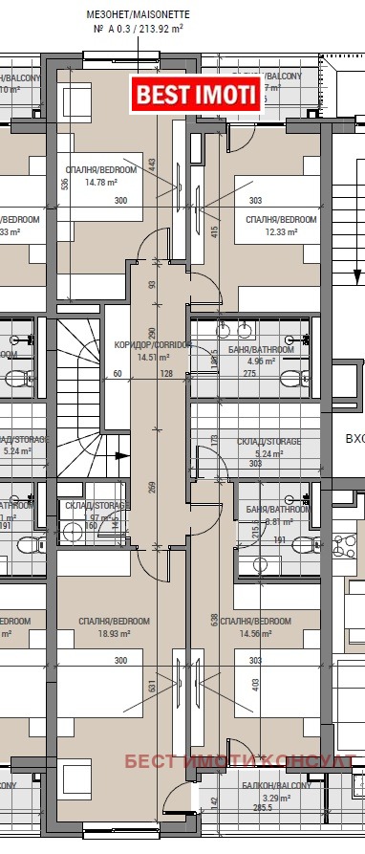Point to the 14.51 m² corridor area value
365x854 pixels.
[153, 357]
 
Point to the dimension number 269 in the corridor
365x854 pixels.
[152, 489]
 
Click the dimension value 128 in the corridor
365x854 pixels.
[153, 374]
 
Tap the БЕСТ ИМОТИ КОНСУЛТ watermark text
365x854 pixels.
[239, 761]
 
